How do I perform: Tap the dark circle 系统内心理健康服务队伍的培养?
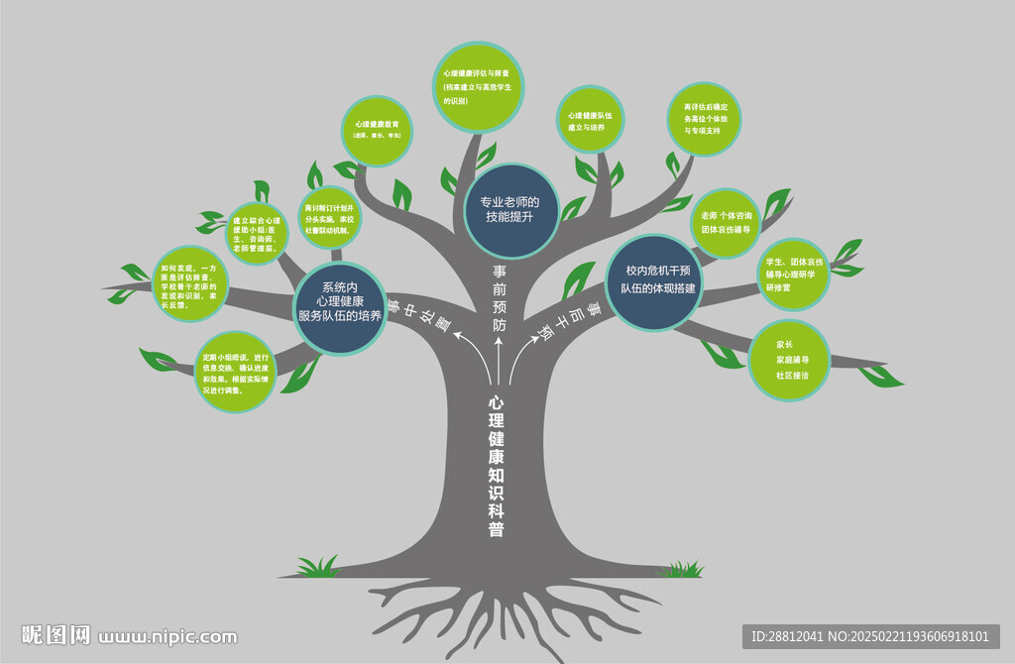339,307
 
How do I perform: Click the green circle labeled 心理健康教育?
377,129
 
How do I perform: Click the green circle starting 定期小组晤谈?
235,373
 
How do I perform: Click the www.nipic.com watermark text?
169,636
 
